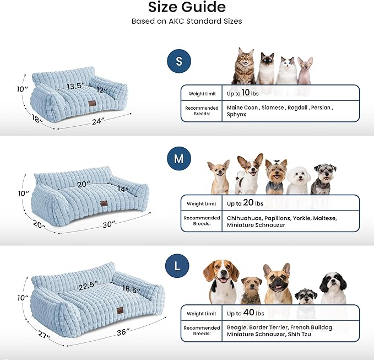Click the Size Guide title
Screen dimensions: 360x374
tap(187, 8)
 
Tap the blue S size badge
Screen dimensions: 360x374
tap(178, 61)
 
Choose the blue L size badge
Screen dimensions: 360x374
tap(177, 266)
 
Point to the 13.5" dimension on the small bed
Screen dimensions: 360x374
tap(77, 87)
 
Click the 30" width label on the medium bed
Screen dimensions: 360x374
tap(108, 224)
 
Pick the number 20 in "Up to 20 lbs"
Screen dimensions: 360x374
tap(249, 202)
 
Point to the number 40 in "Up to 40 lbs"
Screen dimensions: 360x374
tap(249, 313)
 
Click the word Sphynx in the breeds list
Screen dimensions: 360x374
tap(237, 115)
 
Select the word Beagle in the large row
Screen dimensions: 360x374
tap(237, 327)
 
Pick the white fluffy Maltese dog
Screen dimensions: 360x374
tap(299, 178)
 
